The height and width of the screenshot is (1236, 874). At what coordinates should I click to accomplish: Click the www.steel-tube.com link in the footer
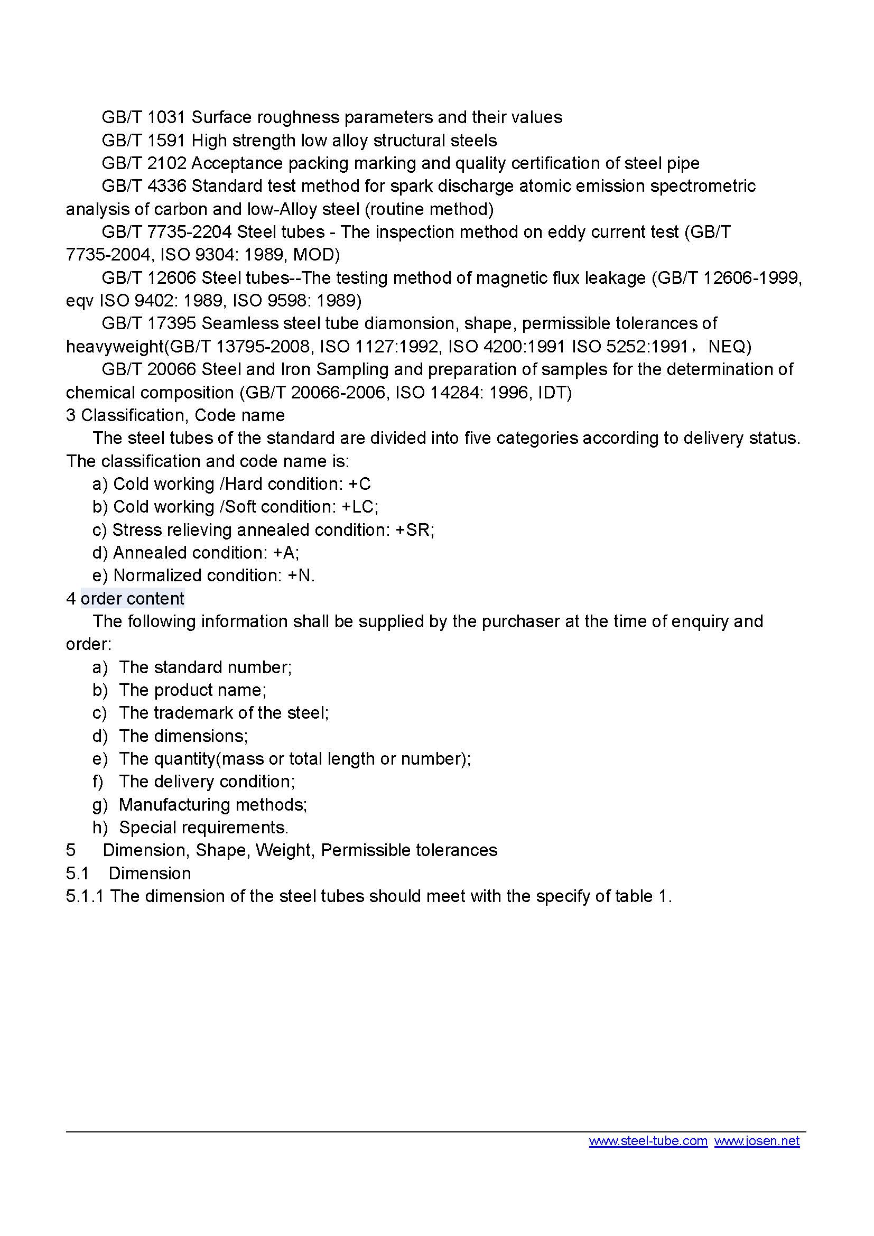point(647,1141)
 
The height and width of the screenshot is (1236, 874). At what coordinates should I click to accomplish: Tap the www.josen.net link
point(757,1141)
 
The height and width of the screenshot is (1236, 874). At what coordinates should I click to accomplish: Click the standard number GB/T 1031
point(143,117)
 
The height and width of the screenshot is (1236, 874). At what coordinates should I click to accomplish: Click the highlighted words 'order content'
point(133,598)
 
